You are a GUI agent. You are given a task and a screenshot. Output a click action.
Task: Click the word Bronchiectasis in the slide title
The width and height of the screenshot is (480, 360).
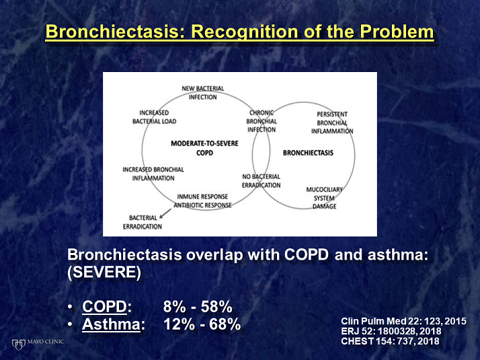[110, 32]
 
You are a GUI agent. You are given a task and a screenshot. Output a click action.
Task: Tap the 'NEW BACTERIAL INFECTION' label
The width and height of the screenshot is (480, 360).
[202, 93]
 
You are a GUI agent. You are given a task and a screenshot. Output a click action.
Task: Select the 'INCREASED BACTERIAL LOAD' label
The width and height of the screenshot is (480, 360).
[154, 116]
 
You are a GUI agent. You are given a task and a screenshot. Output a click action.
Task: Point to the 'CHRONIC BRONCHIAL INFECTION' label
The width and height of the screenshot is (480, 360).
[262, 121]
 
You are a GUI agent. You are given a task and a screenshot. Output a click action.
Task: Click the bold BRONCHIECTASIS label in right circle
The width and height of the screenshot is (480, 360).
[308, 153]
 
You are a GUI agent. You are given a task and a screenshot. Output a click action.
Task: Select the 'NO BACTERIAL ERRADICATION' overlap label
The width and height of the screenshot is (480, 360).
[261, 180]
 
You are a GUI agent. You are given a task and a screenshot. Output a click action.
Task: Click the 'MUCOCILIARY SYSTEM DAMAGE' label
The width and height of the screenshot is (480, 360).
[324, 198]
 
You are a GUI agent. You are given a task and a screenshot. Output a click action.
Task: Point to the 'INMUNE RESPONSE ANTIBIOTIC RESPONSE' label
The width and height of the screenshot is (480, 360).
[202, 201]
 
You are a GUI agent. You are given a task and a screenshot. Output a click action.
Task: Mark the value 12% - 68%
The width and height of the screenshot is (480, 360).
[202, 324]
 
